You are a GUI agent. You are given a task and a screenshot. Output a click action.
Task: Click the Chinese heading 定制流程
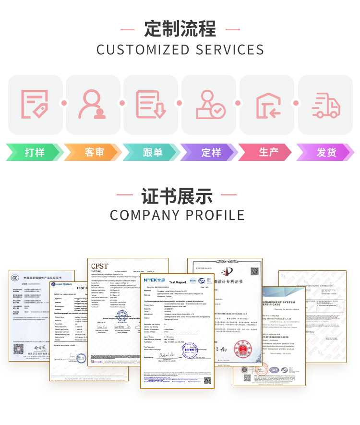[180, 29]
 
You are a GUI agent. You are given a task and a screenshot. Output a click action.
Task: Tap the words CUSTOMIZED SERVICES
[180, 50]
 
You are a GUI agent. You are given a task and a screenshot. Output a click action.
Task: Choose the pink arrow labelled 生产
[268, 152]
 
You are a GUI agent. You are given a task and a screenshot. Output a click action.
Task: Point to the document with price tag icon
[34, 104]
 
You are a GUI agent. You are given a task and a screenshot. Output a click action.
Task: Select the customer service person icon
[93, 104]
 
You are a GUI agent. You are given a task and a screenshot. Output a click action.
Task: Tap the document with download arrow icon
[151, 104]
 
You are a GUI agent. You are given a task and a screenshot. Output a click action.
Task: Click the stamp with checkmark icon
[210, 105]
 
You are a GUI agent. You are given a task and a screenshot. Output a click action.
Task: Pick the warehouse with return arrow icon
[268, 105]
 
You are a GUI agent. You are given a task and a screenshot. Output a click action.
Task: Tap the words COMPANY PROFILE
[177, 215]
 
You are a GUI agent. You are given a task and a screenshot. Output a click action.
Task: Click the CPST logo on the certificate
[100, 266]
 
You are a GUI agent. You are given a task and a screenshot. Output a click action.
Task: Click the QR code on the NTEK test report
[207, 380]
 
